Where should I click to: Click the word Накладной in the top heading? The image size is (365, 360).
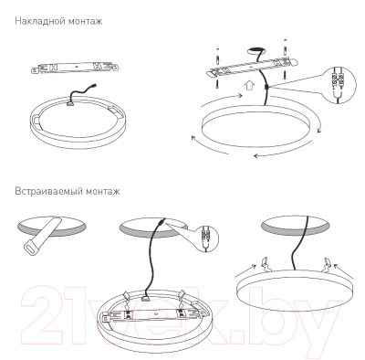click(x=34, y=18)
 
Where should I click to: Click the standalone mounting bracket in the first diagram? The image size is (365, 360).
click(x=76, y=67)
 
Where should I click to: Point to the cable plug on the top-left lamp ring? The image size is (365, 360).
click(x=68, y=99)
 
